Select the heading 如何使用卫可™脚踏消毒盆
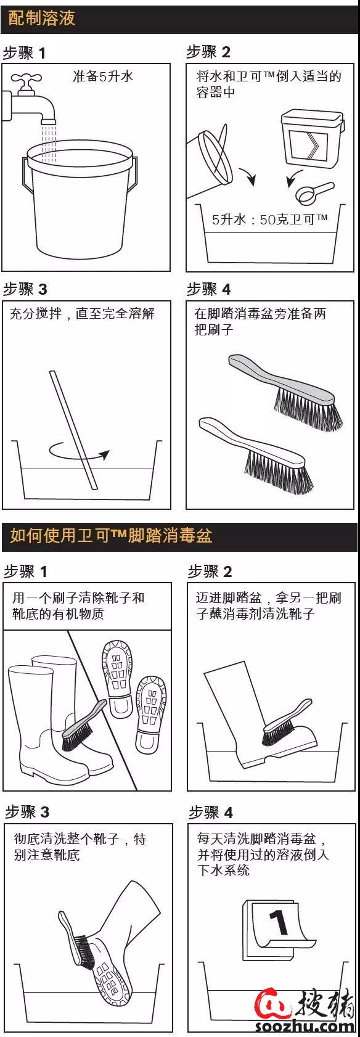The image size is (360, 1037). (111, 535)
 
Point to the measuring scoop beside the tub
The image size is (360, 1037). (314, 192)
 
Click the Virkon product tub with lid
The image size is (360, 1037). (311, 139)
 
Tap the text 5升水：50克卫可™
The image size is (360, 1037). (269, 220)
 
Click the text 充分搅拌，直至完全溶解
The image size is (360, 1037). (82, 314)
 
